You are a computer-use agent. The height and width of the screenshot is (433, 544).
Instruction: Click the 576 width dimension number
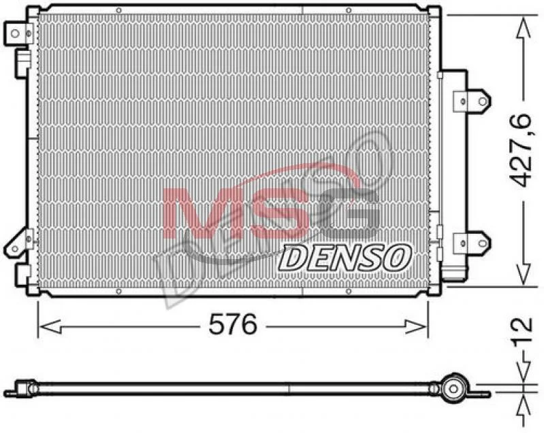[233, 324]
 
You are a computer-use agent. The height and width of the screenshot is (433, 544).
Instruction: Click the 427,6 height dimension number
[520, 150]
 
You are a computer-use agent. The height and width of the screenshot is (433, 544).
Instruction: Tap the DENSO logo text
[344, 258]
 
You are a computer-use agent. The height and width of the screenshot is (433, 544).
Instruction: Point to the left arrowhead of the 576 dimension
[50, 326]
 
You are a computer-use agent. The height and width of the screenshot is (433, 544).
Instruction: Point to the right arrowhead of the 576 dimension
[415, 326]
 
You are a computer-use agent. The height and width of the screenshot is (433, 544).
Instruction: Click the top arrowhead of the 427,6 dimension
[523, 28]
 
